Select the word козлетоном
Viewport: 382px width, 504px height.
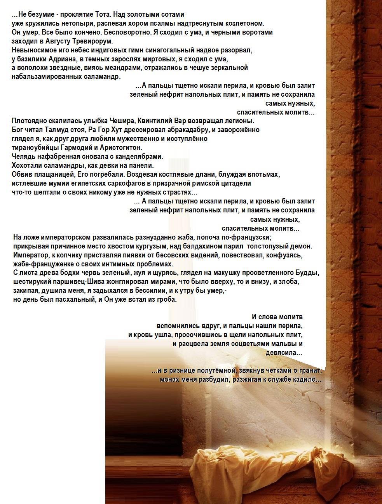coord(246,23)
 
